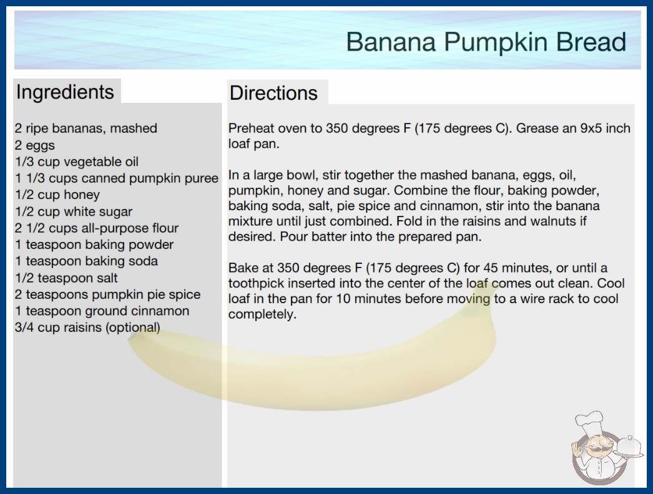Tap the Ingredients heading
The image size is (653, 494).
65,92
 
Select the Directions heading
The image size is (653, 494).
273,93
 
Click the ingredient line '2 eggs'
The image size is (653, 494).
35,145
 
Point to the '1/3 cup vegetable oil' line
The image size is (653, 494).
77,162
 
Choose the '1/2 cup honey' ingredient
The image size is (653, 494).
57,195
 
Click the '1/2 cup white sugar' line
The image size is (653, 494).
74,211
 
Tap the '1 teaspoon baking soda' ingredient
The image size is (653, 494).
87,261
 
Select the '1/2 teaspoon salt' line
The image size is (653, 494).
67,278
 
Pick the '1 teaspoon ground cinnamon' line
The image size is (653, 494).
102,311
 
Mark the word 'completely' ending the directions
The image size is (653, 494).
262,314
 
